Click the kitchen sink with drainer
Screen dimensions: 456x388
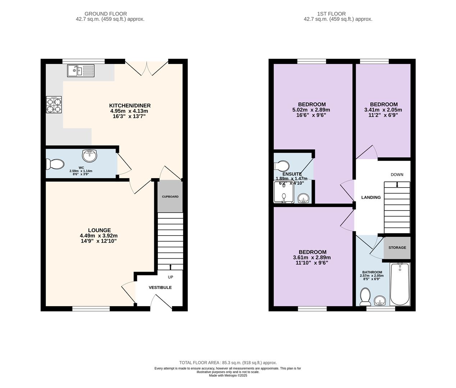tap(81, 71)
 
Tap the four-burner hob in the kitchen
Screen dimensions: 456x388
tap(54, 105)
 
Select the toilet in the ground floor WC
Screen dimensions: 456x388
tap(55, 164)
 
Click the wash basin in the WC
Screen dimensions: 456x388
tap(89, 156)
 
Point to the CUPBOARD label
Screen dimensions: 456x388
tap(170, 197)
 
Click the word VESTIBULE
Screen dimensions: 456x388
tap(160, 287)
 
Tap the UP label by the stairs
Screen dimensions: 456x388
tap(170, 277)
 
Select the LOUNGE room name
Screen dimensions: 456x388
tap(100, 230)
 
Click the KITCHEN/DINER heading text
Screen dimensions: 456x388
tap(130, 105)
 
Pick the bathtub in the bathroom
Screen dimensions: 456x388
tap(400, 284)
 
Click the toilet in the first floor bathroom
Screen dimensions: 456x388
tap(365, 297)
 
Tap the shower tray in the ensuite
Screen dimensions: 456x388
tap(284, 192)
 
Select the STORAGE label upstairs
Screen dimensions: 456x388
tap(397, 248)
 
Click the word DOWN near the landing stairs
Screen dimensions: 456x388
tap(397, 175)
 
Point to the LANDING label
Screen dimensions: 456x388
tap(371, 197)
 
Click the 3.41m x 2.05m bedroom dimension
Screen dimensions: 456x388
tap(383, 110)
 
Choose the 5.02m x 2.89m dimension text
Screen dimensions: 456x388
tap(311, 110)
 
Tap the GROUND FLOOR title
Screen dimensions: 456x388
tap(106, 14)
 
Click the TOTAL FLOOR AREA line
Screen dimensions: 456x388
tap(228, 362)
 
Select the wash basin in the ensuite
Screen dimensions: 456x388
tap(304, 198)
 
